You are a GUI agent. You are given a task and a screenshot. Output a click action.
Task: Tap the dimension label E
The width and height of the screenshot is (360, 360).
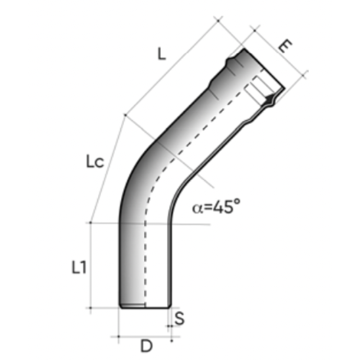click(284, 46)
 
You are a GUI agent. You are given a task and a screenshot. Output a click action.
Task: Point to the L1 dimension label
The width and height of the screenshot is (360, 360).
click(77, 267)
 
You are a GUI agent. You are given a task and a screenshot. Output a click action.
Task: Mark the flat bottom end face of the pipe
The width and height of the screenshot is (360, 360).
click(143, 307)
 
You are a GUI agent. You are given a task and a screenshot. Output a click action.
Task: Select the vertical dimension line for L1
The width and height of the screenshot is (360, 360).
click(92, 264)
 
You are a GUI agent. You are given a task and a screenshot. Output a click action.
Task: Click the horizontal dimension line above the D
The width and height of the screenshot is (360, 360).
click(143, 335)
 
